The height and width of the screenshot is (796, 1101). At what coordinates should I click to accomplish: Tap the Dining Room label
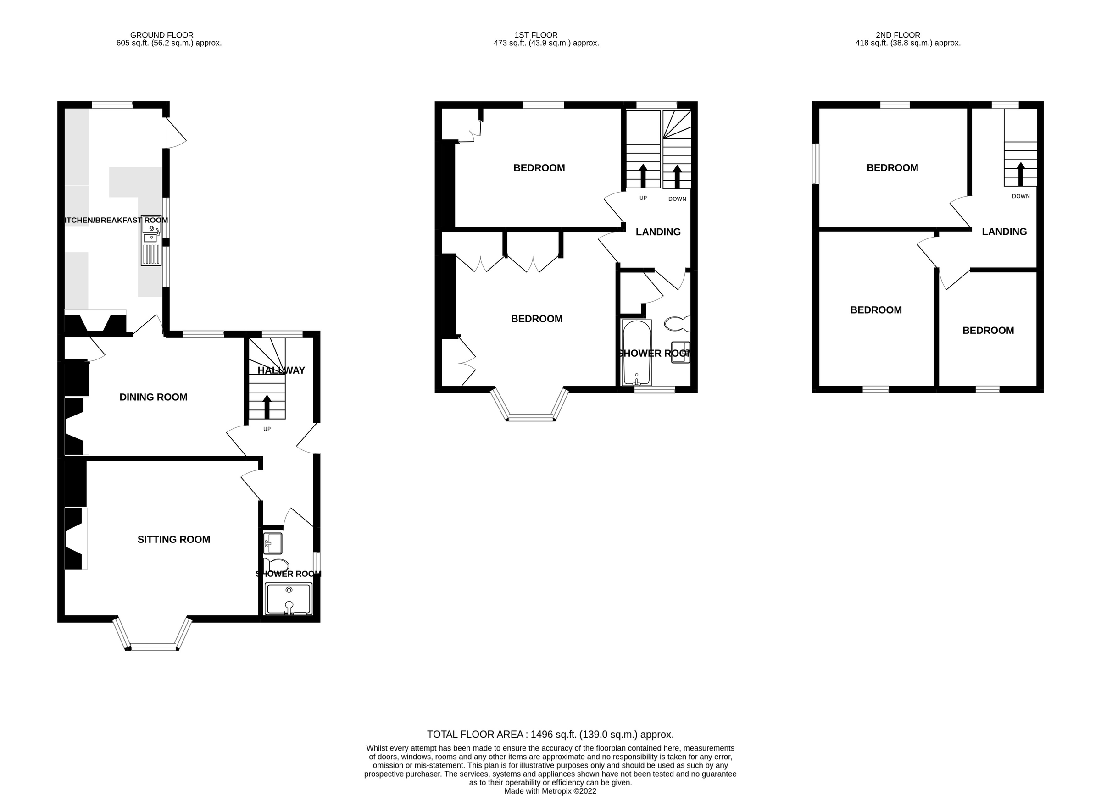(153, 397)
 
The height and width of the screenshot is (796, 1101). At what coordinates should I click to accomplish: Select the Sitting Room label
(174, 539)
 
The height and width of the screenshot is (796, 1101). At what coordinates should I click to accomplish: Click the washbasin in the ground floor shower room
(273, 543)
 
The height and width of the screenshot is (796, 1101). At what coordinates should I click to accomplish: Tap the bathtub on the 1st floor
(636, 352)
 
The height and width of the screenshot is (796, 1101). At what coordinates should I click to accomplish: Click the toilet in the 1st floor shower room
(677, 324)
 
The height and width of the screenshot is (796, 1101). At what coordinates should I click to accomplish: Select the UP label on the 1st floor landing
(643, 198)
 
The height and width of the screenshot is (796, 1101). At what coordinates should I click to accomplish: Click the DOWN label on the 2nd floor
(1020, 196)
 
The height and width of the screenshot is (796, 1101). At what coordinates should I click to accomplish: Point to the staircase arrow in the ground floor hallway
(267, 407)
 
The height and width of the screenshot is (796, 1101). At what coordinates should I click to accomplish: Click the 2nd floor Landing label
(1004, 232)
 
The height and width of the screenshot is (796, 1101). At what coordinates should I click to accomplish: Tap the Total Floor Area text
(550, 735)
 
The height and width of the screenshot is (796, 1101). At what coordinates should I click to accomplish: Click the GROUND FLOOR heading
(161, 35)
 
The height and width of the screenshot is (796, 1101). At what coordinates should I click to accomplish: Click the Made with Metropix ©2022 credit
(550, 791)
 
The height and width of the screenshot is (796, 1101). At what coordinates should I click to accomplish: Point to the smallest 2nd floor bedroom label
(988, 330)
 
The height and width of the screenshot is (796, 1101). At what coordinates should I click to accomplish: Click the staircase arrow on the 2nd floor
(1020, 174)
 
